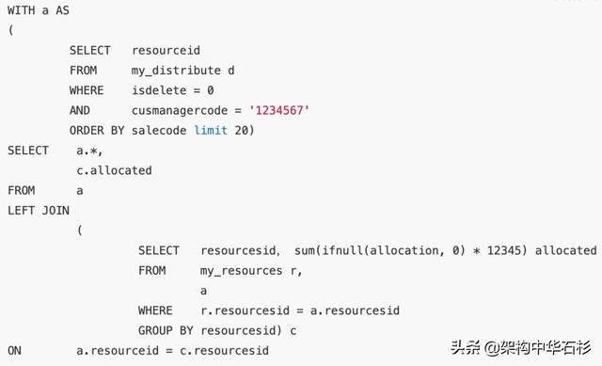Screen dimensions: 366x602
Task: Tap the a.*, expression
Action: (89, 151)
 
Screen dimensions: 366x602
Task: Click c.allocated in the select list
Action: (114, 170)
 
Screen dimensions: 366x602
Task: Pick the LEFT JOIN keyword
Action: (39, 210)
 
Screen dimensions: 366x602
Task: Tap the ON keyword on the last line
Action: (15, 350)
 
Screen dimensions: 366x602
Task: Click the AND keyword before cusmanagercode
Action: (80, 110)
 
